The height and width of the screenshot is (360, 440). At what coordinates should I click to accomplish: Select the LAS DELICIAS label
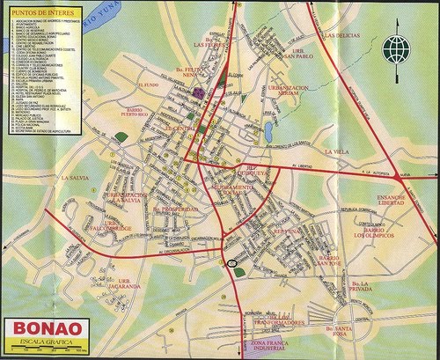(343, 36)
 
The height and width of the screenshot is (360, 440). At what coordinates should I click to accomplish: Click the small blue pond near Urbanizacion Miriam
(268, 132)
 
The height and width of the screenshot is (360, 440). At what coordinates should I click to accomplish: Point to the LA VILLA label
(337, 151)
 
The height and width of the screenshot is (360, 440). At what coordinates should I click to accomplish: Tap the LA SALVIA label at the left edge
(76, 178)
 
